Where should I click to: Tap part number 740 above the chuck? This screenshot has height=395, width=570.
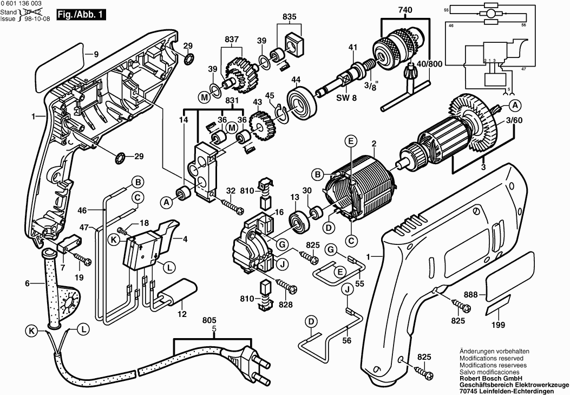[x=404, y=10]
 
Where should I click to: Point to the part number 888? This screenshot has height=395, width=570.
[x=470, y=294]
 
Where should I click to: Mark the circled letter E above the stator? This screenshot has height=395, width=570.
[x=351, y=141]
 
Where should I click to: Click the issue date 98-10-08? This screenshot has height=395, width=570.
[x=33, y=18]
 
